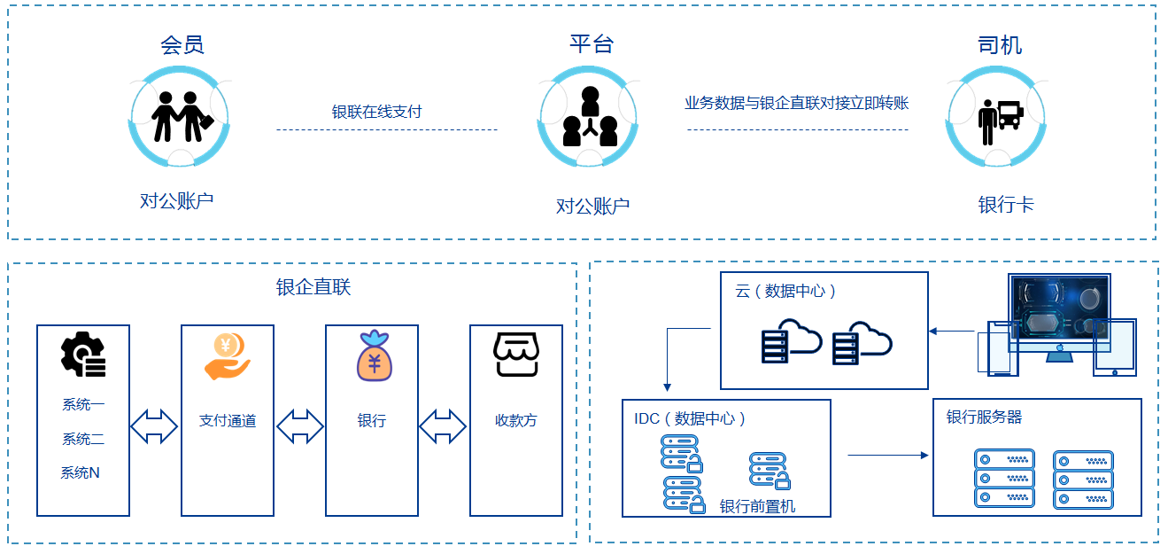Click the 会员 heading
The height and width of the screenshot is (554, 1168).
[182, 45]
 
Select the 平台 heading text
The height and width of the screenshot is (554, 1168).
[592, 43]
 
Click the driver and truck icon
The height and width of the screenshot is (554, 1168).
[1000, 122]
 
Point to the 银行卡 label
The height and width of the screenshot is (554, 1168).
[1006, 205]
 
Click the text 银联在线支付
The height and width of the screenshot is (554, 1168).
[376, 112]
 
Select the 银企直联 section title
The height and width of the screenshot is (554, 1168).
[313, 287]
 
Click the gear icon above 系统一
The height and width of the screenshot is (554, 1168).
[83, 355]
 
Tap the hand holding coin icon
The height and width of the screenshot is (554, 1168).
[228, 356]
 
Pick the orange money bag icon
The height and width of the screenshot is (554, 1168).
[375, 355]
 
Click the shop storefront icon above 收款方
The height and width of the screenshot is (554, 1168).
[516, 355]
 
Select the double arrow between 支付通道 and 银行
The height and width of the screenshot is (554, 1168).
[300, 426]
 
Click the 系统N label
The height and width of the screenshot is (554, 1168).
[80, 473]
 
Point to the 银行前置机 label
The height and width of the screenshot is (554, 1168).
[757, 506]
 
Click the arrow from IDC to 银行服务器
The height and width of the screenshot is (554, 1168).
[888, 456]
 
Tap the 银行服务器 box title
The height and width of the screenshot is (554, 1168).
[984, 417]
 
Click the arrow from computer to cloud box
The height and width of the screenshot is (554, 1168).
[952, 331]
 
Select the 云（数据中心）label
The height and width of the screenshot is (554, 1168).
[785, 291]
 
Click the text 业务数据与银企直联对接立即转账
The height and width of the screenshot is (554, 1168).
[797, 103]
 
